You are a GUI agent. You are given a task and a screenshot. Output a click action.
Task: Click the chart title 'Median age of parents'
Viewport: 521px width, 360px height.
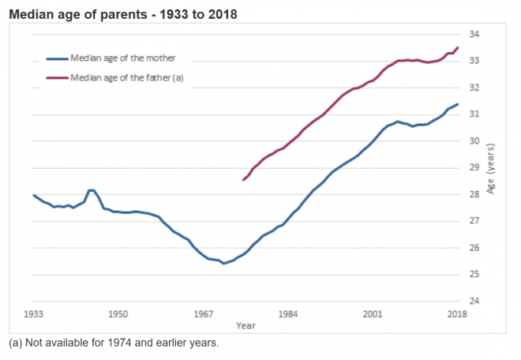tap(122, 14)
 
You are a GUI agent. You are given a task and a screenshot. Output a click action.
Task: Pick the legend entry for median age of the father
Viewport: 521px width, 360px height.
tap(126, 77)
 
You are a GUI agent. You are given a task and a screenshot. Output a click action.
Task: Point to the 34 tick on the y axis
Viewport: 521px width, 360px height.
tap(474, 34)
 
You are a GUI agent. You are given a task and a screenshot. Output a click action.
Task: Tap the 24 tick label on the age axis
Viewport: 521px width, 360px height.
tap(474, 301)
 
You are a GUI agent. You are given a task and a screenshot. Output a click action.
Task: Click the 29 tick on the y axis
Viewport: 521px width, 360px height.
tap(474, 167)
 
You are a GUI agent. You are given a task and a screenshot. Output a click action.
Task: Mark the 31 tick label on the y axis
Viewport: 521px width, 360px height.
tap(474, 114)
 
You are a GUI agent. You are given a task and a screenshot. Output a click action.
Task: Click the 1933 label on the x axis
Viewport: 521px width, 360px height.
tap(34, 314)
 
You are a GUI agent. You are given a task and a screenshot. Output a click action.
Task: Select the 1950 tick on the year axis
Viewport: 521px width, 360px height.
tap(118, 314)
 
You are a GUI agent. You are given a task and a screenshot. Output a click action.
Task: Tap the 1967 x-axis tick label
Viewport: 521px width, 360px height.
tap(203, 314)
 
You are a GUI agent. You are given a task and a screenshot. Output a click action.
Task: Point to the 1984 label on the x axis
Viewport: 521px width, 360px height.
tap(287, 314)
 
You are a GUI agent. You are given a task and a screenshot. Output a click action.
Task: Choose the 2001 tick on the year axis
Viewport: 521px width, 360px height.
tap(372, 314)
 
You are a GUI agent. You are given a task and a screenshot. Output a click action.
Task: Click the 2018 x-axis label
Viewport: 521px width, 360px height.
tap(456, 314)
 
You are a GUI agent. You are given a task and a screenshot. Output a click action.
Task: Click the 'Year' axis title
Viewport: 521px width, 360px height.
tap(245, 325)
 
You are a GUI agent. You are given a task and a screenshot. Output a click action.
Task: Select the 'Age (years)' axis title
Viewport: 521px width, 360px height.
tap(491, 167)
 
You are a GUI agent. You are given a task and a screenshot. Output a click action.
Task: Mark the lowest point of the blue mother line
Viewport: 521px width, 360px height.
tap(223, 263)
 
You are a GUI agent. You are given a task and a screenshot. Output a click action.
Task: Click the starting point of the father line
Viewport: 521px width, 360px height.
tap(243, 180)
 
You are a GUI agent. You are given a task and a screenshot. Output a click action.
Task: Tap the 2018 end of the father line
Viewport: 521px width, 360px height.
tap(457, 47)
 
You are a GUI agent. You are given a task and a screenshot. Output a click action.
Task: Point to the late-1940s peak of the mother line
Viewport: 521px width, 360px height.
tap(92, 190)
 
